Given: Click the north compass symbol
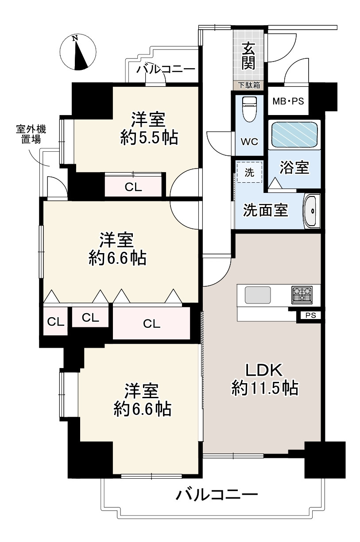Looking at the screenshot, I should click(x=78, y=53).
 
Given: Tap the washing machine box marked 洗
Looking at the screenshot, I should click(x=250, y=173).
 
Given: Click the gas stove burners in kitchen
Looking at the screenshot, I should click(x=301, y=294).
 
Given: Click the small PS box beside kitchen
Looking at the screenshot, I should click(x=310, y=315).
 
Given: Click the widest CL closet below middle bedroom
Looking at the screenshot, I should click(x=151, y=324).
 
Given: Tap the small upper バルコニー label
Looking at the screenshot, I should click(x=166, y=69).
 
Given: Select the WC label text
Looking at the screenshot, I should click(x=249, y=142).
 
